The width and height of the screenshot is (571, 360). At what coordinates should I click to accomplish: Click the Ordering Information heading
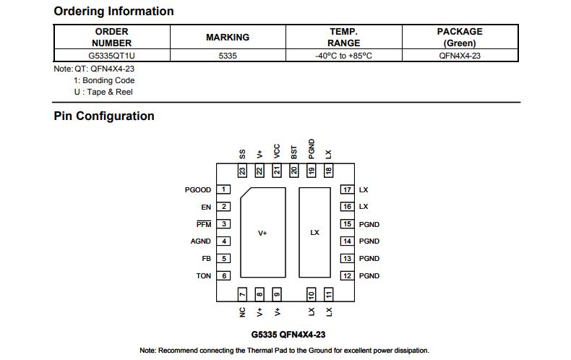click(x=113, y=12)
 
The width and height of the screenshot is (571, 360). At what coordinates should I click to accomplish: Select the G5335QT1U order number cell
click(x=111, y=56)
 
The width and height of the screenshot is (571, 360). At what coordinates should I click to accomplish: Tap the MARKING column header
click(x=228, y=37)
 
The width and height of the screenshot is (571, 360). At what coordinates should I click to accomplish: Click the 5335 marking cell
click(x=228, y=56)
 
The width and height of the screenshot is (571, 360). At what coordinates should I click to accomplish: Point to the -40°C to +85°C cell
click(x=343, y=56)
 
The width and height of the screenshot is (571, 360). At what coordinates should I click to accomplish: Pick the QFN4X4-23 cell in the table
click(x=460, y=56)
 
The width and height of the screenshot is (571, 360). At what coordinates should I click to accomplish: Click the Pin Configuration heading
click(x=104, y=116)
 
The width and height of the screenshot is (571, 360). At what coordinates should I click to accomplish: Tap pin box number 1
click(x=223, y=189)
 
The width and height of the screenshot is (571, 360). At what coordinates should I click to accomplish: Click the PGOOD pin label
click(x=198, y=190)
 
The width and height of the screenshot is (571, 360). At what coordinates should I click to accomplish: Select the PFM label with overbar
click(x=204, y=224)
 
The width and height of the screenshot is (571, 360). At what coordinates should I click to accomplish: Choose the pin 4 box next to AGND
click(x=223, y=241)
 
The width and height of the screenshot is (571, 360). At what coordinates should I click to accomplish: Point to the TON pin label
click(x=204, y=276)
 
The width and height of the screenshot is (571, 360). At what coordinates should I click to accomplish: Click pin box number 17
click(x=347, y=189)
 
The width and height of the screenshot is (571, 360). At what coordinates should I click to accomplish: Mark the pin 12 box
click(x=347, y=276)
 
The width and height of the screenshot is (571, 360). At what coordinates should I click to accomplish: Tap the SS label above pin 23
click(x=242, y=154)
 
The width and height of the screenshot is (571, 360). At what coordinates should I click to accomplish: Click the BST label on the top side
click(x=294, y=153)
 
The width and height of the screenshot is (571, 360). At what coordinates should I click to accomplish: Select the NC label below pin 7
click(x=242, y=312)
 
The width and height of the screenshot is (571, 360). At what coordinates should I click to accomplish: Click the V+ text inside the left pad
click(x=262, y=233)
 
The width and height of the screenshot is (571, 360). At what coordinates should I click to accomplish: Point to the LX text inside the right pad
click(x=314, y=233)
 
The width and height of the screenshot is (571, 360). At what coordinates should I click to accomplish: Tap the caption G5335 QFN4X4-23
click(x=288, y=335)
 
